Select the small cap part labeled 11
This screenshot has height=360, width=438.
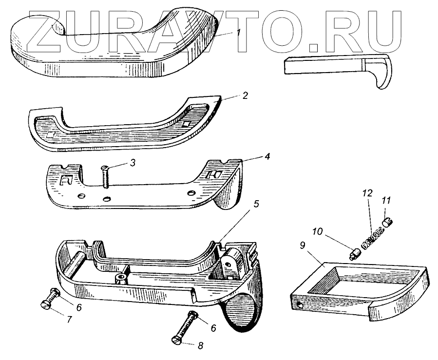[x=388, y=222]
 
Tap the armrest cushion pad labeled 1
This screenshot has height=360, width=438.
[x=112, y=46]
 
